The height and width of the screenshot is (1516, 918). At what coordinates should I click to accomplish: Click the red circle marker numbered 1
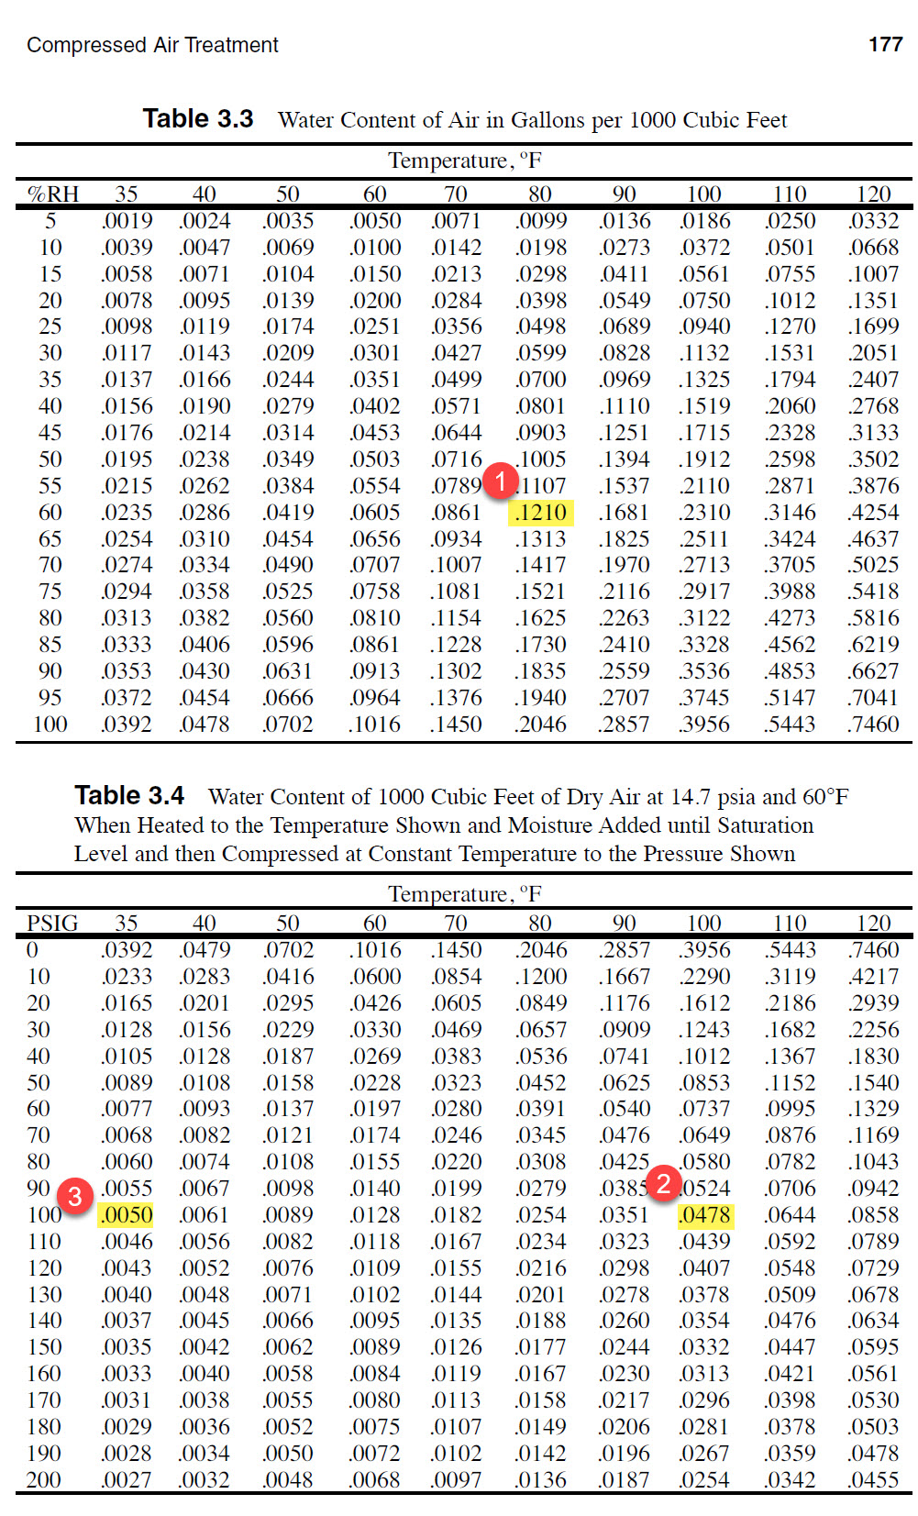501,481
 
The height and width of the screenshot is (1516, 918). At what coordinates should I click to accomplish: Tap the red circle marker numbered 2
663,1183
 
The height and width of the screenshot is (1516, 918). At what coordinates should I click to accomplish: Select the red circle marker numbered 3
75,1195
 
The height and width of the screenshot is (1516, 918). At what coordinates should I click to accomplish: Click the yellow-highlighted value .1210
541,513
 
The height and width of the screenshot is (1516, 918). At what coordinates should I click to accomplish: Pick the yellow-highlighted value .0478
705,1215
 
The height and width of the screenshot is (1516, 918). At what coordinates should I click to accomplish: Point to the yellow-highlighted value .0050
127,1215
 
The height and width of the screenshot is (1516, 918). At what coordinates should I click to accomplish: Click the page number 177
885,44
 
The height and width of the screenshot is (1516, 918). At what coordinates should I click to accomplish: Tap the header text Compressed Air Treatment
152,45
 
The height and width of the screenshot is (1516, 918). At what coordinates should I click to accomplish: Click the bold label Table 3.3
198,119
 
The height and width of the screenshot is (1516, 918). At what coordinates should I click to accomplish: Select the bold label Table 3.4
129,795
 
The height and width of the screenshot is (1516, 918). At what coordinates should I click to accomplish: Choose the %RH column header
53,194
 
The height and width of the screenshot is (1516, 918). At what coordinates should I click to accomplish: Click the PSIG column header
52,924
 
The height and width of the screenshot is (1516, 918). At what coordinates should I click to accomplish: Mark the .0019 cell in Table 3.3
127,221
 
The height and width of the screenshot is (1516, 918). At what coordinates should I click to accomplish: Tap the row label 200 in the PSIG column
44,1480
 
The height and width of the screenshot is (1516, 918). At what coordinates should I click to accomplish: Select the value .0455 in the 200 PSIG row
873,1480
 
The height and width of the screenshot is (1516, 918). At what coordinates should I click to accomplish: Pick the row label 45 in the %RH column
50,433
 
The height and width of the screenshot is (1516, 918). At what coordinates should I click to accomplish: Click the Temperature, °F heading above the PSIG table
465,894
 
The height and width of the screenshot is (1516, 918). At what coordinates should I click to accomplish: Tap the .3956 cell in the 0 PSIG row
704,950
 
